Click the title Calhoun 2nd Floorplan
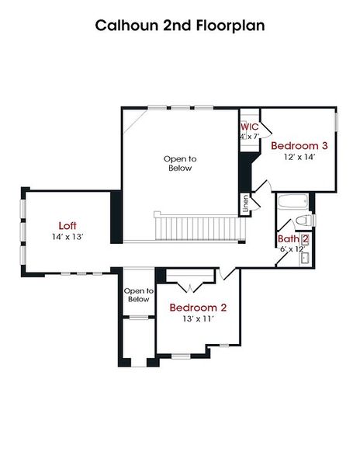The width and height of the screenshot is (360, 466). (x=180, y=26)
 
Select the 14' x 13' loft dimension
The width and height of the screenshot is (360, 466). (x=67, y=236)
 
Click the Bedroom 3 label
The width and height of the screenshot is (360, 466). (x=299, y=145)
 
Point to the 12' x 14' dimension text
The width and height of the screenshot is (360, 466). (x=299, y=157)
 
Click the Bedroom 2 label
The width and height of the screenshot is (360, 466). (x=198, y=307)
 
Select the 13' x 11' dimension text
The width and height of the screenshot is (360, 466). (x=198, y=318)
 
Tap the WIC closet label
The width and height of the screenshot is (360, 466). (x=249, y=126)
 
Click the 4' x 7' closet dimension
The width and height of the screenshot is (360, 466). (x=249, y=137)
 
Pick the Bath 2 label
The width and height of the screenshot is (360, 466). (x=293, y=238)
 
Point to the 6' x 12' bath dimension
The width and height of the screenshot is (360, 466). (x=292, y=249)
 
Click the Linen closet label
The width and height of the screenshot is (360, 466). (x=246, y=203)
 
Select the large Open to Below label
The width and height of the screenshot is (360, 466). (x=179, y=163)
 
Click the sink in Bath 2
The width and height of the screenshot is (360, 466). (x=305, y=257)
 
